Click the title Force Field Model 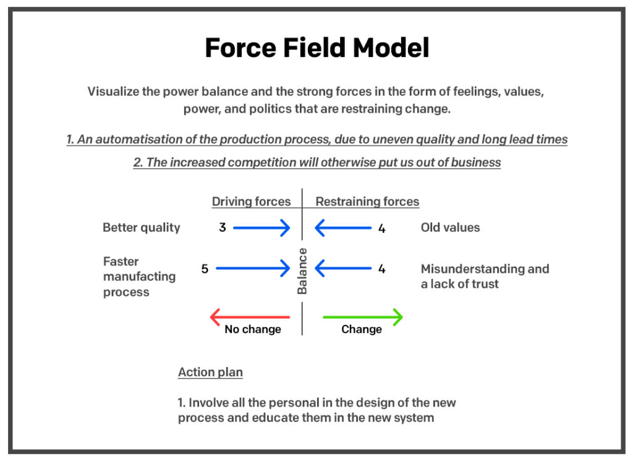316,48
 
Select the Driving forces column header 251,202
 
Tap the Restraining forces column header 367,202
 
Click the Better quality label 141,228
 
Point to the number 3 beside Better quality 222,228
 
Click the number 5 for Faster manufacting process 205,269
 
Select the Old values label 450,228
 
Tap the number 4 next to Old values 381,228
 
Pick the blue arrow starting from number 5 253,269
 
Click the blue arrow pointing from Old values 343,228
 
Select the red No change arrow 250,317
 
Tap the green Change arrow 363,317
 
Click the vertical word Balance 302,271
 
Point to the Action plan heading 210,373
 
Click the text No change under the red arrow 252,330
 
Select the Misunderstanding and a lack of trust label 485,277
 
